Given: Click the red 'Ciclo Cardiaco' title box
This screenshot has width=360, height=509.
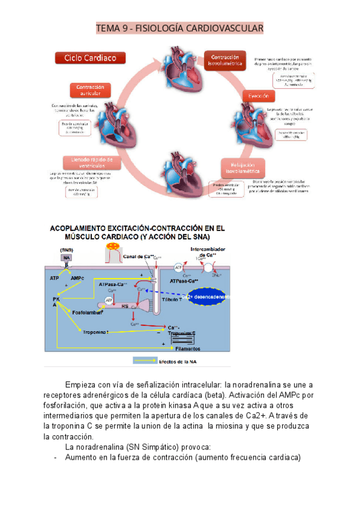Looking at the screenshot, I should (91, 58).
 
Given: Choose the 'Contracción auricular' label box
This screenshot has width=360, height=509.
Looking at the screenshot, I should (90, 90).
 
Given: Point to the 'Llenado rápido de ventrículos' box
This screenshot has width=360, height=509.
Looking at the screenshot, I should (88, 162).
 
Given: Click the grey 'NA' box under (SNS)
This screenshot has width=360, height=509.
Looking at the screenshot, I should (67, 257).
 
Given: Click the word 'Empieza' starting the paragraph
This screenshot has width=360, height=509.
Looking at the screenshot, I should (82, 385).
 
